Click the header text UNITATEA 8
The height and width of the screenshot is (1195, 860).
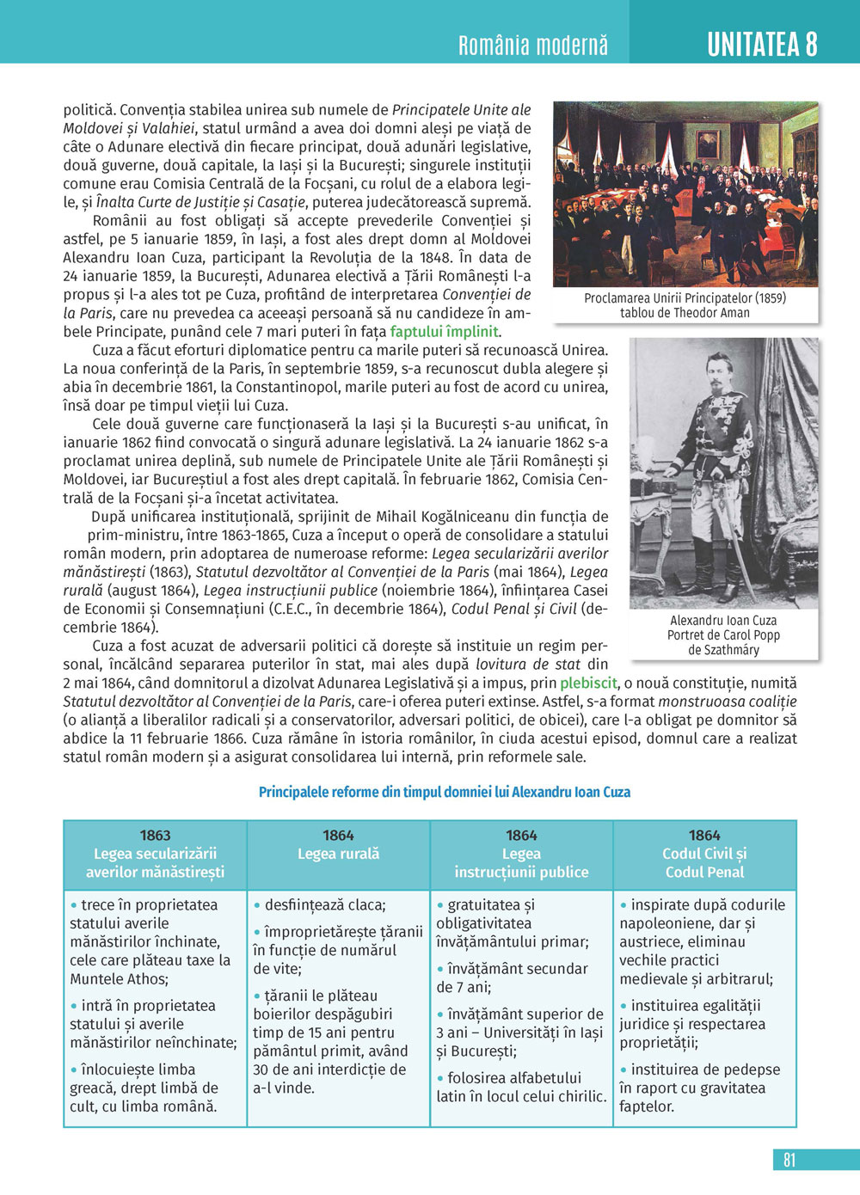762,45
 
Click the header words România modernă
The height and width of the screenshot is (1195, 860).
533,46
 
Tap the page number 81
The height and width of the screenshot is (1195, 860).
789,1160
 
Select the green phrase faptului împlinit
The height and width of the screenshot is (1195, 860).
445,332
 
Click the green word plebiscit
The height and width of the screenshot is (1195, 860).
588,683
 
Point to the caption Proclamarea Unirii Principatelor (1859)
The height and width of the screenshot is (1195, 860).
685,298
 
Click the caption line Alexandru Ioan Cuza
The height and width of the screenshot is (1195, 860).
723,620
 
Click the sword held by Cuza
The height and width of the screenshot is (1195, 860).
740,550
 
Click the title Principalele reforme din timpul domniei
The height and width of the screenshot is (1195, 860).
445,792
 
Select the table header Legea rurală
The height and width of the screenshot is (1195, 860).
338,854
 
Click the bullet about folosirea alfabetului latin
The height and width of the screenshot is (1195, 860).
521,1087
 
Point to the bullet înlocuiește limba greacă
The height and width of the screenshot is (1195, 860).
144,1088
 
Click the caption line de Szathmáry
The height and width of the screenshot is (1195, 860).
723,650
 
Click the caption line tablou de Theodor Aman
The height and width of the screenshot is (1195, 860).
685,313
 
